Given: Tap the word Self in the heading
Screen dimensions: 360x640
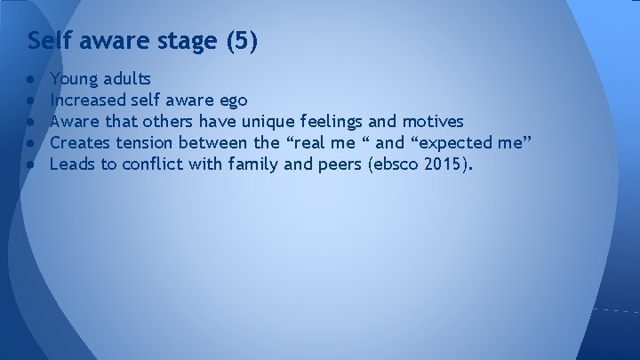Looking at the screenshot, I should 47,41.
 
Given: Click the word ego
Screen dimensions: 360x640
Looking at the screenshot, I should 231,101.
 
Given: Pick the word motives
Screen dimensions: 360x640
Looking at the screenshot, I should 434,121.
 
